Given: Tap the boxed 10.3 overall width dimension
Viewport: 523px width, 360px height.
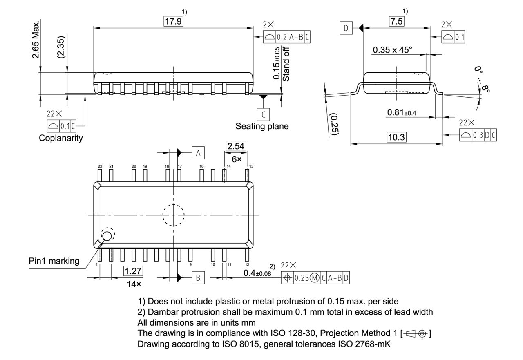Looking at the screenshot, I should coord(396,137).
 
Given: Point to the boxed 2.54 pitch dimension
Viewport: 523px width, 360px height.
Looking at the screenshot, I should coord(235,146).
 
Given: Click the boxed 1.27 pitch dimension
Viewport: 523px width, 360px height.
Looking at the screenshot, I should coord(133,271).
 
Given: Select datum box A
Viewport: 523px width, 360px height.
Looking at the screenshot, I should coord(198,153).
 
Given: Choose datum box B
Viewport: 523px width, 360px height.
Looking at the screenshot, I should coord(198,278).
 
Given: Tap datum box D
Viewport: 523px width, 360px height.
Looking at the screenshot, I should coord(346,28).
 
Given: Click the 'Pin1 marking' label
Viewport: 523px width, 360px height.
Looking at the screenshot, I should coord(54,261).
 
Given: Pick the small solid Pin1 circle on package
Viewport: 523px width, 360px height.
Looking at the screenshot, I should coord(107,236).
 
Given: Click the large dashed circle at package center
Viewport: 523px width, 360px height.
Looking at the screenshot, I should coord(173,215).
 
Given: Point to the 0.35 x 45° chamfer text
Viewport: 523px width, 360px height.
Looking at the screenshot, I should coord(392,50).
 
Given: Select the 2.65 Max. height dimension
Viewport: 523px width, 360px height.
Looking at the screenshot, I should coord(36,39).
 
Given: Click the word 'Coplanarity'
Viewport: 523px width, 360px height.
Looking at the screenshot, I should coord(60,138).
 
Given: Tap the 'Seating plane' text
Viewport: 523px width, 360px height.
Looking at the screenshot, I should coord(261,126).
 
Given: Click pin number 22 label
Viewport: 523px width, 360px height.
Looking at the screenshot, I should coord(100,166).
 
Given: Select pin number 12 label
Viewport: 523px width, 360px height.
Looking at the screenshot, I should coord(247,264).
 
